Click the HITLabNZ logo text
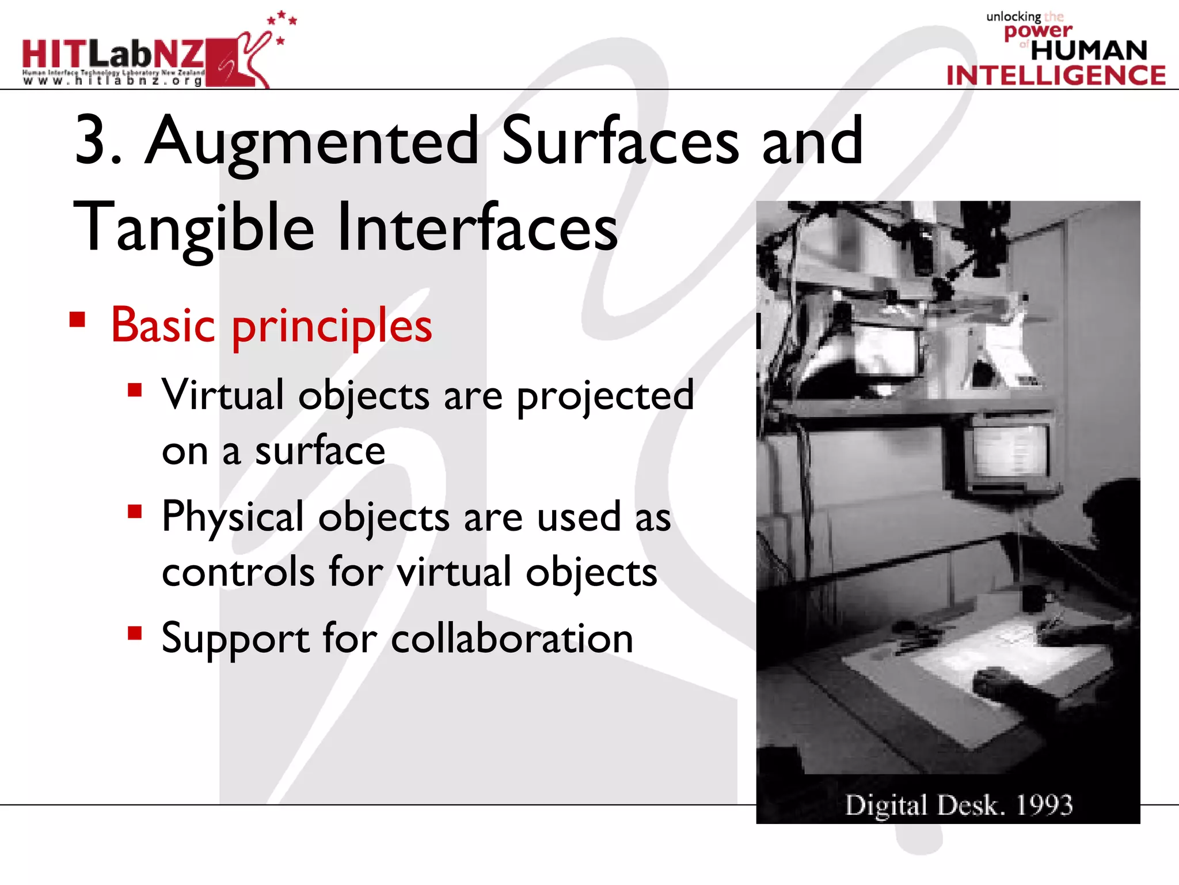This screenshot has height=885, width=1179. click(113, 55)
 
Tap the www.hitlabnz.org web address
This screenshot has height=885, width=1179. click(113, 81)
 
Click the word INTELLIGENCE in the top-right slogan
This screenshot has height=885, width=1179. click(1056, 75)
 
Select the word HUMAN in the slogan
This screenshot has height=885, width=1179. click(1089, 51)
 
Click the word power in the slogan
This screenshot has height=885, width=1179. click(1038, 31)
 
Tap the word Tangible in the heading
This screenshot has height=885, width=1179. click(194, 228)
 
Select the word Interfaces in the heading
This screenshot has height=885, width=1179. click(477, 226)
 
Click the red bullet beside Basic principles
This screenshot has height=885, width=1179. click(77, 319)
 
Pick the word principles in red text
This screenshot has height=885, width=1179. click(332, 327)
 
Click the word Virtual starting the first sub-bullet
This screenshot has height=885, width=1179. click(222, 395)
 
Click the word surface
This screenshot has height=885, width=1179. click(320, 451)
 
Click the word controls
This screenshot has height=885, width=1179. click(238, 572)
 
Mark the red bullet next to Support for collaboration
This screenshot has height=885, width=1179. click(135, 633)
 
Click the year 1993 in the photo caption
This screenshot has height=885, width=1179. click(1044, 805)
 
